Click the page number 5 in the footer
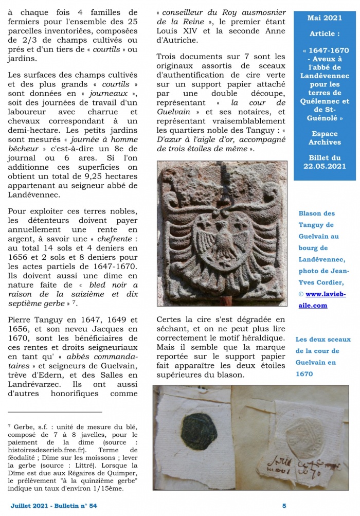click(x=284, y=506)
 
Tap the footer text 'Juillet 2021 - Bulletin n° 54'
click(x=53, y=506)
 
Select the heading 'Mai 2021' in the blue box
click(x=325, y=17)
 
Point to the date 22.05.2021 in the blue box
click(x=325, y=166)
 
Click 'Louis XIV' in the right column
click(x=177, y=41)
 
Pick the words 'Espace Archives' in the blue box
click(x=325, y=138)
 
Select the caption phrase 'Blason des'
click(x=316, y=213)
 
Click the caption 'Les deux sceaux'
click(x=323, y=340)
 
